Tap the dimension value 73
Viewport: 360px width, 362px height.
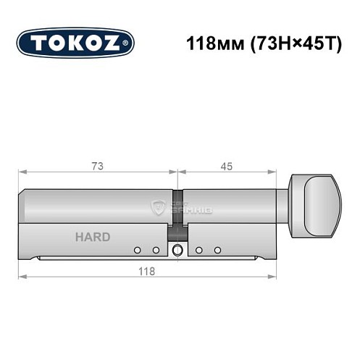(97, 166)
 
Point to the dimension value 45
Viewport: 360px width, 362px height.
(227, 166)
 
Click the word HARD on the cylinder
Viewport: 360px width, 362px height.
(93, 237)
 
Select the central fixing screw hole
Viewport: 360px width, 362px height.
(177, 251)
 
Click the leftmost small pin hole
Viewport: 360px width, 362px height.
(136, 251)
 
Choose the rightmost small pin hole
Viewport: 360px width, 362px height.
(217, 251)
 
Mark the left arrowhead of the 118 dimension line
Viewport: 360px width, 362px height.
(22, 277)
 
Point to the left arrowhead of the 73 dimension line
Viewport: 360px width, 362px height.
(22, 173)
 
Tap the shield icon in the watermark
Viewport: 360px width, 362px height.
(156, 208)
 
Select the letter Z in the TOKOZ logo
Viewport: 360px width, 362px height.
(117, 43)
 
